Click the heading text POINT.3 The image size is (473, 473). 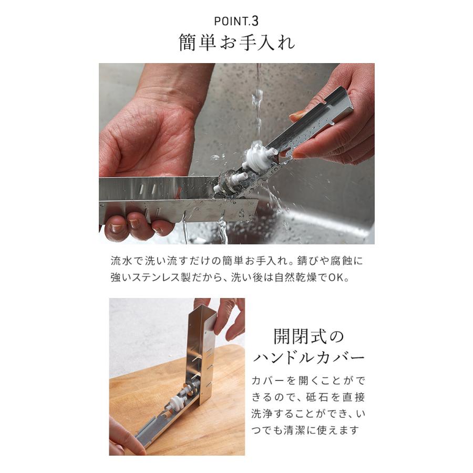236,22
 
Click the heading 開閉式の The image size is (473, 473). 308,335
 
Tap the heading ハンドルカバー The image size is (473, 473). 308,358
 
